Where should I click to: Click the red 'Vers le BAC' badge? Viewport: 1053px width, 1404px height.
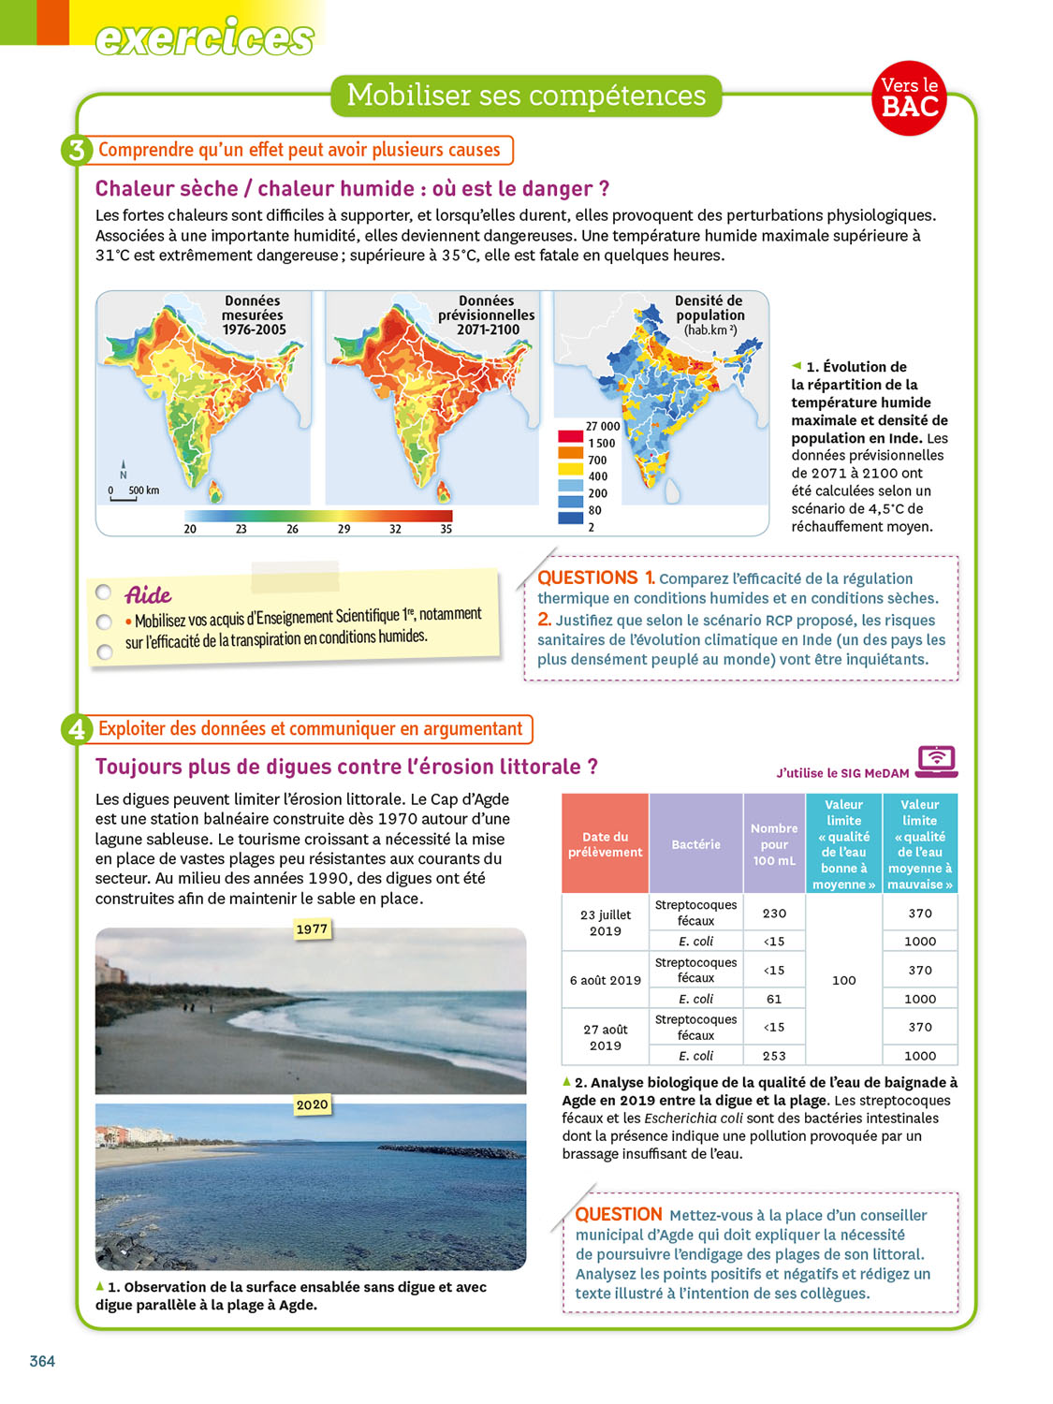(x=910, y=98)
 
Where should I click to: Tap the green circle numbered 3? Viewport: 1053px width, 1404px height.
(x=77, y=150)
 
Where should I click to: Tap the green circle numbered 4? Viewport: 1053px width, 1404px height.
(x=77, y=729)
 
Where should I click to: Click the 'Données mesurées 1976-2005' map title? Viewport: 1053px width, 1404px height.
(x=253, y=315)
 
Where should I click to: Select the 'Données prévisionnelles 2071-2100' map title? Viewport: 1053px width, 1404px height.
(x=487, y=315)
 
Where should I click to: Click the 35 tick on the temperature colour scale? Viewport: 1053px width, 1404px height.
(x=446, y=529)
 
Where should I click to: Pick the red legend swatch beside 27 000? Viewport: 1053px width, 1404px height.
(x=570, y=435)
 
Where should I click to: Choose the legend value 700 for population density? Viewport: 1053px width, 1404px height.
(x=597, y=461)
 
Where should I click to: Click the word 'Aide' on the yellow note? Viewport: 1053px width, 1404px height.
(x=149, y=595)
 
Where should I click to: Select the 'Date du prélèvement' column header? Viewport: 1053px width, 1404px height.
(x=605, y=844)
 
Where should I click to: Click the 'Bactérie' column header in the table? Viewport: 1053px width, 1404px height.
(x=695, y=844)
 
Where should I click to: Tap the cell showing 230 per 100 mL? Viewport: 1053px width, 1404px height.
(x=774, y=914)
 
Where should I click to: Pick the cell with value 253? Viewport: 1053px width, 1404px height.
(x=774, y=1056)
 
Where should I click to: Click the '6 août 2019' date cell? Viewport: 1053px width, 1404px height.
(x=605, y=980)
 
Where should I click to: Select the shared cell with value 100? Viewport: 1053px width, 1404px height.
(x=843, y=980)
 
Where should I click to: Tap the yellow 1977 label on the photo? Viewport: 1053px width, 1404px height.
(x=312, y=929)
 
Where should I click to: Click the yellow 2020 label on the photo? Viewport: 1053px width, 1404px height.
(x=312, y=1104)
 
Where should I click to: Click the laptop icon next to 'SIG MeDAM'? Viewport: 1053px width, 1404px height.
(x=936, y=761)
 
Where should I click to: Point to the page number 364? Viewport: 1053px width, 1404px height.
(x=42, y=1361)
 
